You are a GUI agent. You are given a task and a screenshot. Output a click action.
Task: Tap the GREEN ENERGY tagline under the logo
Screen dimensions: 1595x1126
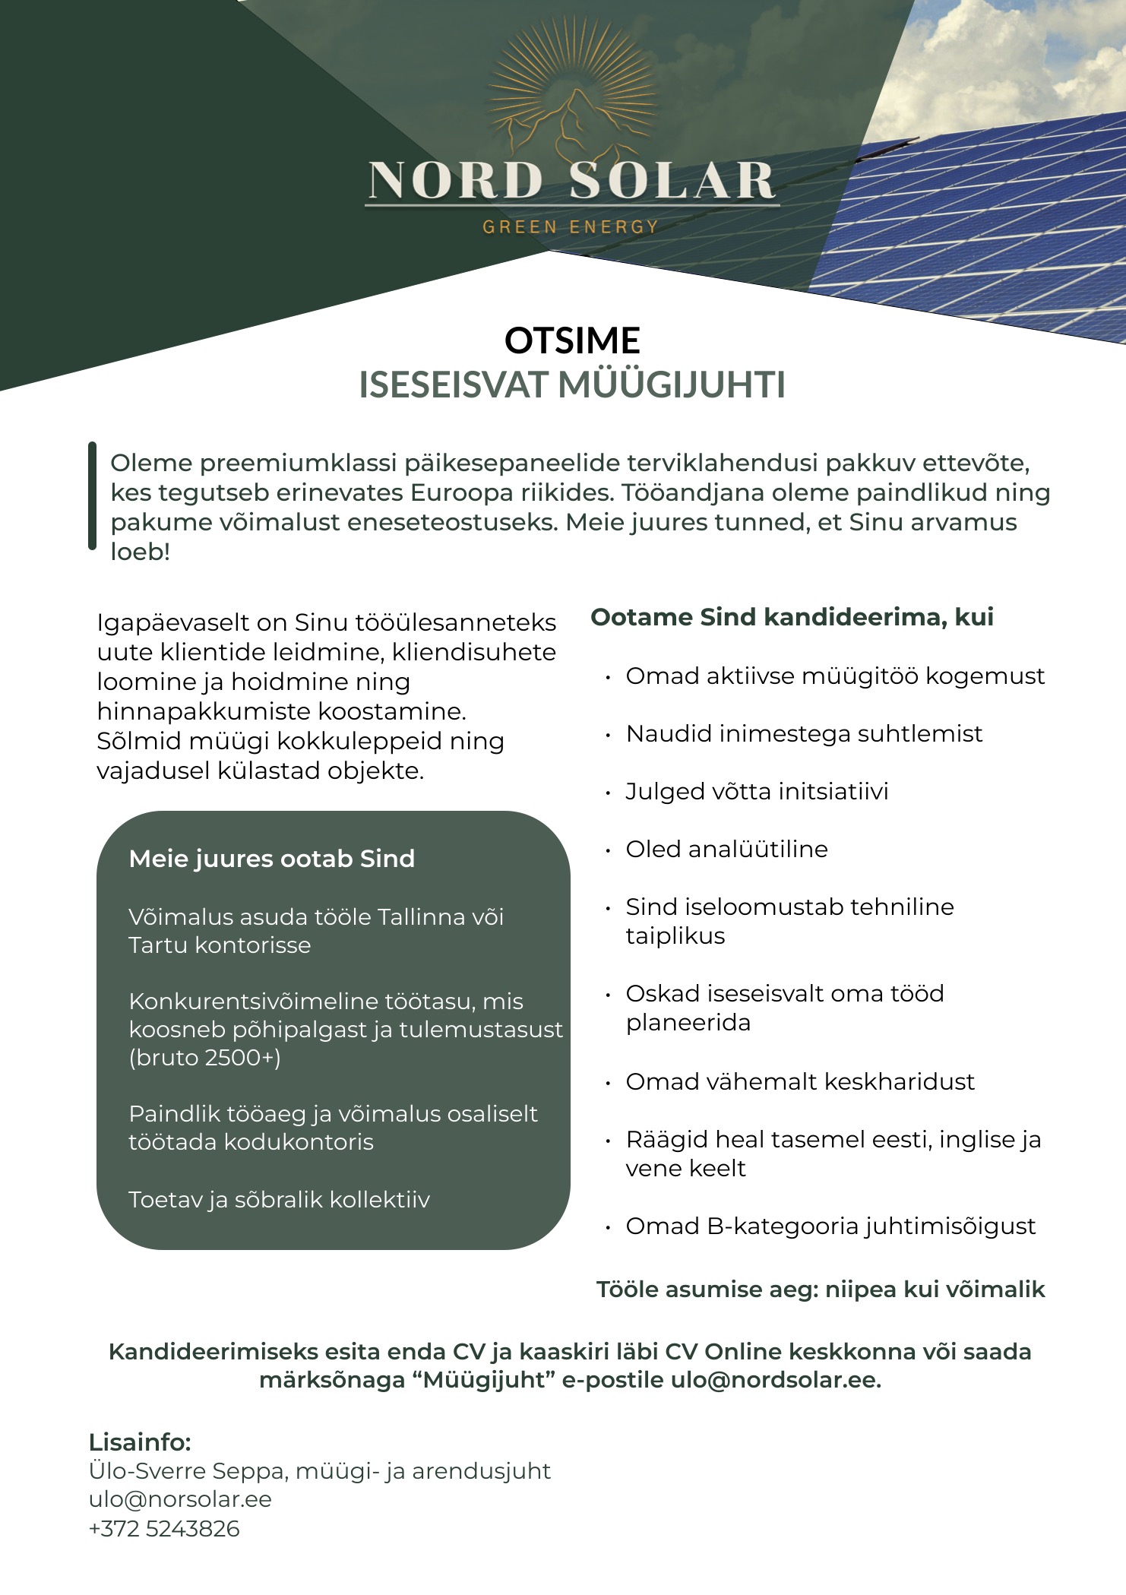[570, 226]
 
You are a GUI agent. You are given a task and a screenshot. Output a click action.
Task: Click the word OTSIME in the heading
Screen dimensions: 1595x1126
[572, 340]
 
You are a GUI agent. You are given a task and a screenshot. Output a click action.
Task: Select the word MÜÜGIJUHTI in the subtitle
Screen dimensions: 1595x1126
[672, 385]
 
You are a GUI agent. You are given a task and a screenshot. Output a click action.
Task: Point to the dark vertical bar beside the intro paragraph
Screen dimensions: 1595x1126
[93, 495]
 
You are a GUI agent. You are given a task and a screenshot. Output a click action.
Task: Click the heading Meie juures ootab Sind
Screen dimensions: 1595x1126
[272, 859]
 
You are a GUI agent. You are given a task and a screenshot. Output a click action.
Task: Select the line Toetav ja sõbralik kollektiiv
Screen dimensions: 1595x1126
[279, 1200]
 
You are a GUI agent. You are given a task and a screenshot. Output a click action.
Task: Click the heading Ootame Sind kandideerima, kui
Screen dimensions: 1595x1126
[792, 617]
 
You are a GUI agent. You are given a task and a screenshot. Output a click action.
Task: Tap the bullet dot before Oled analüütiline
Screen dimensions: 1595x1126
[608, 850]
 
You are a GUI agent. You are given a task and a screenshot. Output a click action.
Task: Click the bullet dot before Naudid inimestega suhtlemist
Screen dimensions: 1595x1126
[608, 735]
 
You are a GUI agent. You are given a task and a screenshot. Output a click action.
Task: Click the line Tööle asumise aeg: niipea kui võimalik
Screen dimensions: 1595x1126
[821, 1290]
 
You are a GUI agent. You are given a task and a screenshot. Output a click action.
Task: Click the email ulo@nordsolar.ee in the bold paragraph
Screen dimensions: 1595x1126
[775, 1380]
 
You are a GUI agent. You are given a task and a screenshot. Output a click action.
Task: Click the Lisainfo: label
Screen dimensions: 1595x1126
[140, 1442]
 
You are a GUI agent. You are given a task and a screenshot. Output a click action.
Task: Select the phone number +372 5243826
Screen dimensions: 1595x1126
[164, 1528]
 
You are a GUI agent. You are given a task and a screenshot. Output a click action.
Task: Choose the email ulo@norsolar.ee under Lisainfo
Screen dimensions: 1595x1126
[180, 1499]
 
